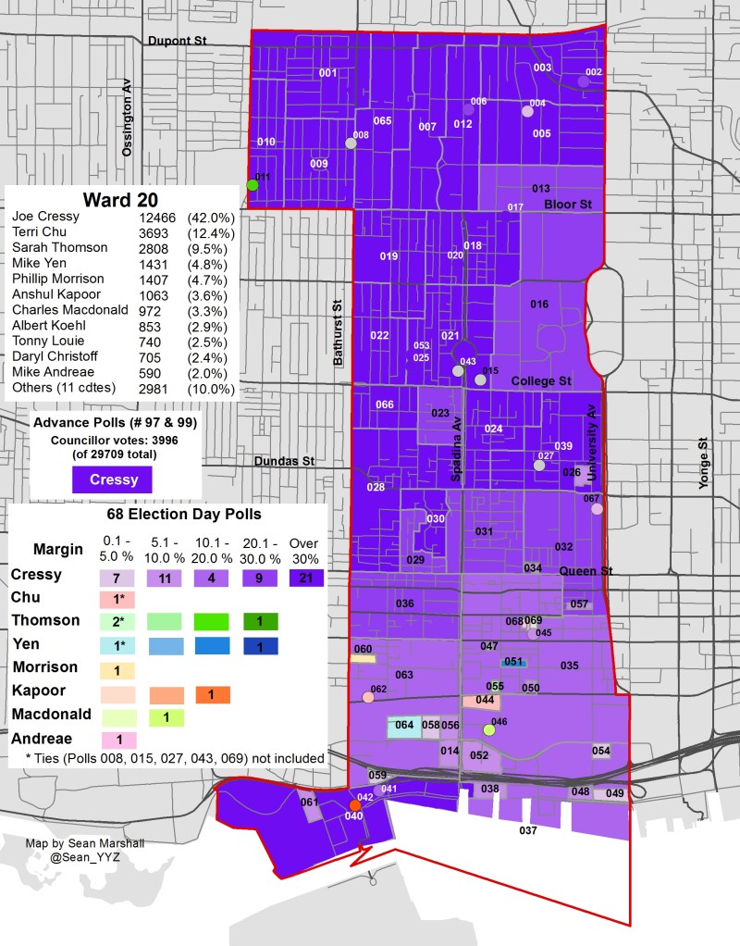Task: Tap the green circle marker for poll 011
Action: [x=252, y=185]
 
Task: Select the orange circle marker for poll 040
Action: [x=354, y=805]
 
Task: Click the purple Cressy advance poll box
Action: [x=113, y=479]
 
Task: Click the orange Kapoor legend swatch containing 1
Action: [x=212, y=693]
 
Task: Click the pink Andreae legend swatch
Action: [x=117, y=740]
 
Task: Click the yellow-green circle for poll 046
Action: [x=489, y=730]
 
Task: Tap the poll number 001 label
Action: [x=327, y=72]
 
